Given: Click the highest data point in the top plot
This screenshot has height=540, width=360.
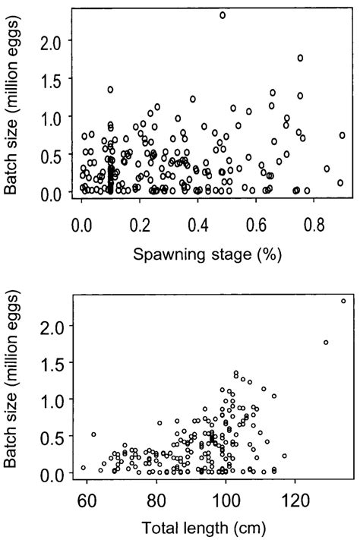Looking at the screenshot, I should pos(223,15).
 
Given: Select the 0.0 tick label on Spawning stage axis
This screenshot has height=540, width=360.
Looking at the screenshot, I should pos(81,226).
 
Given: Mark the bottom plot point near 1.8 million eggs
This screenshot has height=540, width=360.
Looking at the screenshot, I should pos(326,343).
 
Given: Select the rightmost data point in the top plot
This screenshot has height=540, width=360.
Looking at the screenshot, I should pos(343,135).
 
